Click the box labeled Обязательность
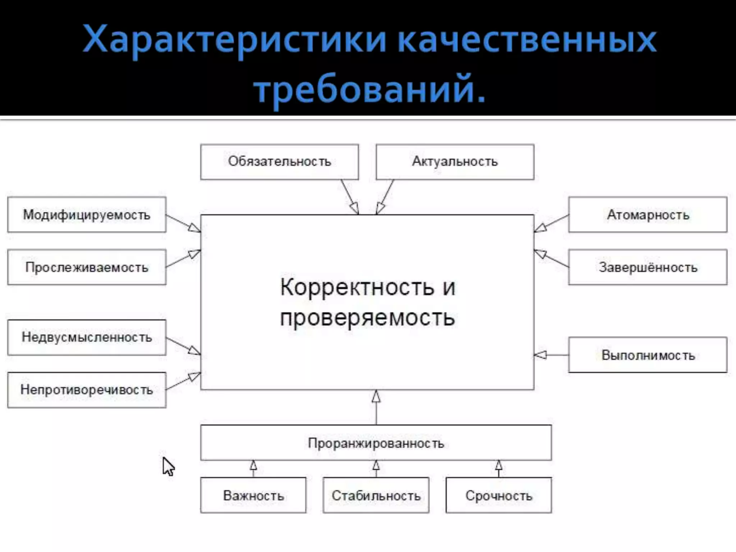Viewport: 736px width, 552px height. pos(279,162)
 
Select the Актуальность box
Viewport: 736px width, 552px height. pos(455,162)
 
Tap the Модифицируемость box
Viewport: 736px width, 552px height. pos(87,215)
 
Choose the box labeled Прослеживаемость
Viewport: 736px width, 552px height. pos(87,267)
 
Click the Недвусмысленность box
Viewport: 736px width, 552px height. pos(87,337)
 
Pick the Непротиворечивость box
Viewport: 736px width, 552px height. pos(87,390)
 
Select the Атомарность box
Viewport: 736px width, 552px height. pos(648,215)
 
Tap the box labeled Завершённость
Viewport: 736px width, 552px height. pos(648,267)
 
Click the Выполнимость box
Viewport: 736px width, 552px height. pos(648,355)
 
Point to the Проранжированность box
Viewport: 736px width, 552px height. pos(376,443)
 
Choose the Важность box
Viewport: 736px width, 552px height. pos(253,496)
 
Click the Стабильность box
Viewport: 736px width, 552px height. pos(376,496)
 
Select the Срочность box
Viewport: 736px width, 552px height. pos(498,496)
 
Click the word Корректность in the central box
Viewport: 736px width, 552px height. pos(357,287)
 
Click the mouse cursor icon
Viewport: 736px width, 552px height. pos(168,466)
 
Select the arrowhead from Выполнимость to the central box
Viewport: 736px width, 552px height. pos(540,355)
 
